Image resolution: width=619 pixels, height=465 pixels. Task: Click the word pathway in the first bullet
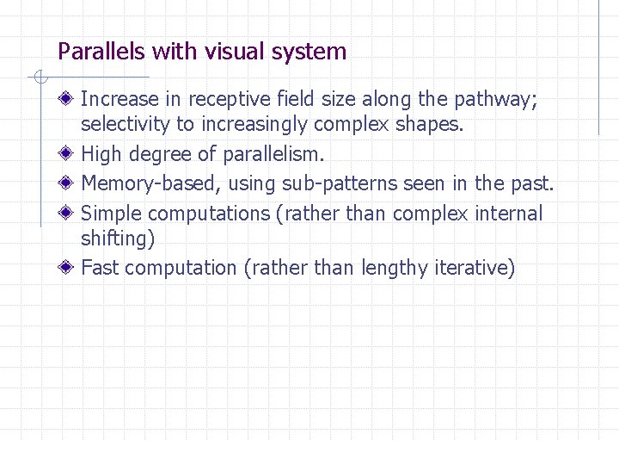pos(499,101)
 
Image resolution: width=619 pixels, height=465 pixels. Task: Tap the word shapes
pos(432,125)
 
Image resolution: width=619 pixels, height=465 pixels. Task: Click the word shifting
pos(117,239)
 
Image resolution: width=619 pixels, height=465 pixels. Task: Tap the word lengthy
pos(396,268)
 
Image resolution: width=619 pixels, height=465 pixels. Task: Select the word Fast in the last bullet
pos(99,268)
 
